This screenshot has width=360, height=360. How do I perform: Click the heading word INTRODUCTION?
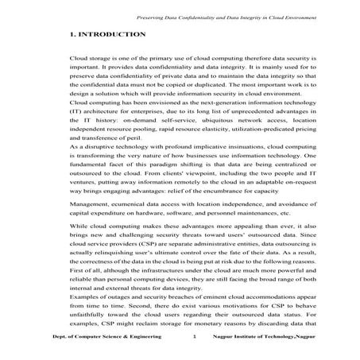(x=114, y=35)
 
